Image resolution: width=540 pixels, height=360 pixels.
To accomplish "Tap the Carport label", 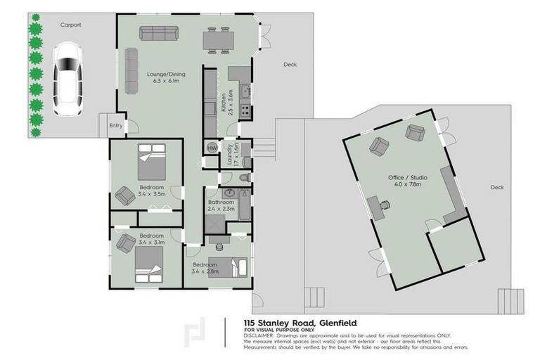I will tap(70, 25).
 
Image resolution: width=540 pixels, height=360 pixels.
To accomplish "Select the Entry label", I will tap(115, 126).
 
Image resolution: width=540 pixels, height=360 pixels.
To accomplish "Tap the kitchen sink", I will tap(245, 90).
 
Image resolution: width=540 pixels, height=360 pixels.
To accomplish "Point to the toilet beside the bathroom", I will tap(243, 177).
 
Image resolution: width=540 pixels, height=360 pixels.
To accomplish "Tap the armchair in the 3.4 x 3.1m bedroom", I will tap(126, 243).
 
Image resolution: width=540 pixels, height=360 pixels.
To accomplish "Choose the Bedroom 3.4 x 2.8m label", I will tap(206, 268).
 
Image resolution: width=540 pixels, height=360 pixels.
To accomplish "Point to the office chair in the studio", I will tap(385, 205).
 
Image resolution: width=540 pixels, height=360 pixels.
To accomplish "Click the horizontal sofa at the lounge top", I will tap(158, 32).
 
